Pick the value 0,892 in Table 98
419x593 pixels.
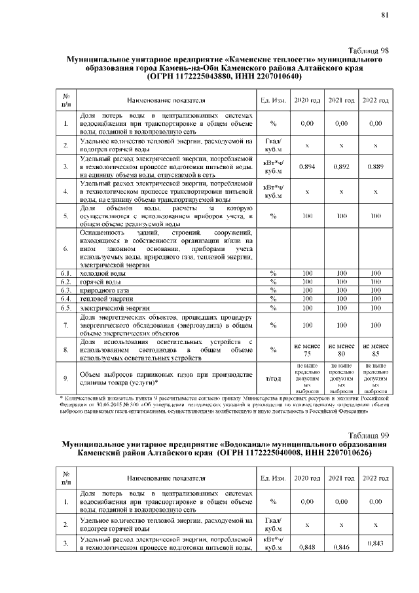(x=342, y=166)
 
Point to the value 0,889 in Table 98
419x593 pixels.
(x=376, y=166)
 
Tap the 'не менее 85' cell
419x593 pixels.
(x=376, y=349)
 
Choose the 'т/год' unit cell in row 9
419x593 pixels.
(x=273, y=378)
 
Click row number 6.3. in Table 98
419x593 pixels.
(x=65, y=290)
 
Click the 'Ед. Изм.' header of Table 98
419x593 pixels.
(x=273, y=100)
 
